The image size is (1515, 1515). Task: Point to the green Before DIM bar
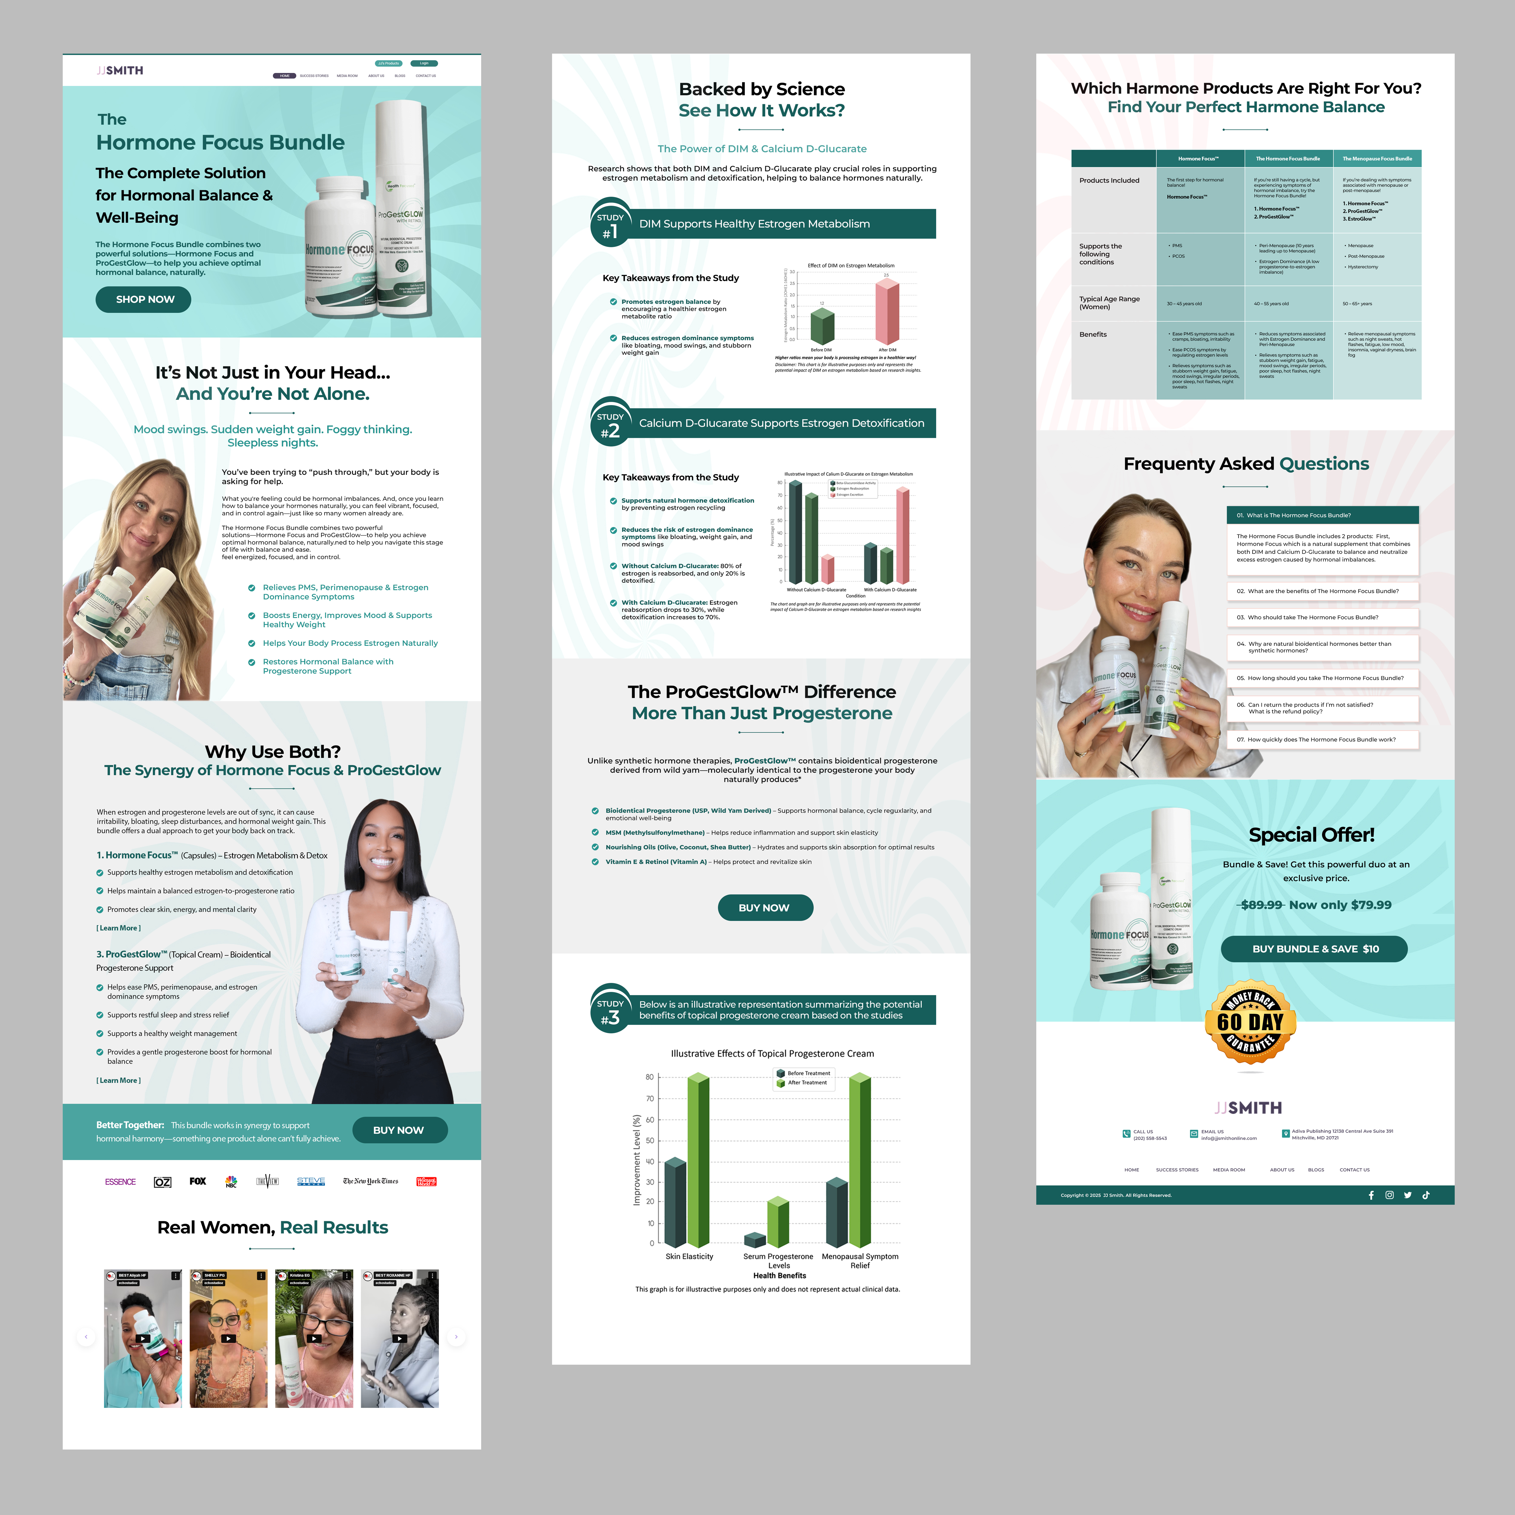tap(822, 325)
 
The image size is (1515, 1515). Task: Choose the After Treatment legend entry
tap(806, 1083)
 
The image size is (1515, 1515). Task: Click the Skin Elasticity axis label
tap(689, 1256)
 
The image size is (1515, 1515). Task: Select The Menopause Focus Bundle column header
tap(1377, 158)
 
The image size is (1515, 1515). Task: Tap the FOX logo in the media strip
tap(198, 1181)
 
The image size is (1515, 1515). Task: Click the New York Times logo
tap(370, 1181)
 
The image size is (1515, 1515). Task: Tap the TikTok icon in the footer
tap(1426, 1195)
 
